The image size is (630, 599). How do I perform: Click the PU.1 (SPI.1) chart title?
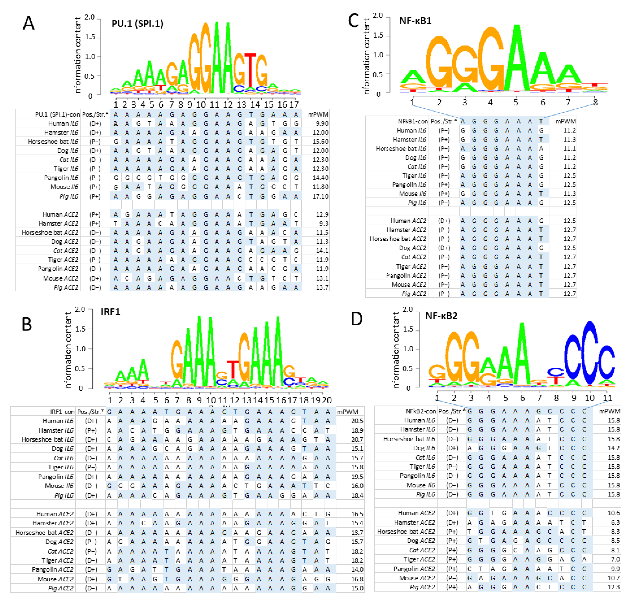(x=137, y=24)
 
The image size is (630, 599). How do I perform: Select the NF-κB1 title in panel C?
(x=415, y=21)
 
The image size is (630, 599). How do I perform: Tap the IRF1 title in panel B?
(x=111, y=312)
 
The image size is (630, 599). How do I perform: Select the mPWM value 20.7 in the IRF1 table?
(x=357, y=439)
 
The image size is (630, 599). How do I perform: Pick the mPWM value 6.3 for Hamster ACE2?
(x=615, y=522)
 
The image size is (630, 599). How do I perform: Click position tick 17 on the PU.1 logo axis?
(x=294, y=105)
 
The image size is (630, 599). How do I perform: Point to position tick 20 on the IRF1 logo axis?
(x=327, y=400)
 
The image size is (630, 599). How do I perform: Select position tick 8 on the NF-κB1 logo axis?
(x=595, y=102)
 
